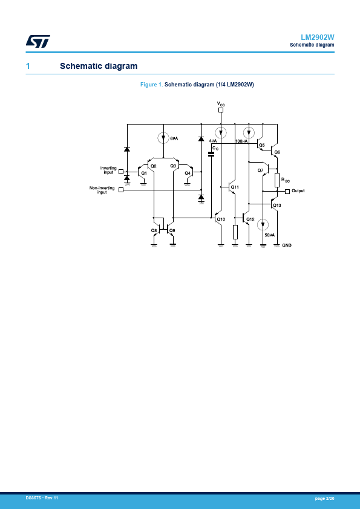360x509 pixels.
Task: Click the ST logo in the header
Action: tap(38, 41)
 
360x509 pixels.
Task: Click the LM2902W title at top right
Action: tap(318, 37)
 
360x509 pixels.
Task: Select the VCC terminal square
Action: tap(221, 110)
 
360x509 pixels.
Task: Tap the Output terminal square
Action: tap(287, 192)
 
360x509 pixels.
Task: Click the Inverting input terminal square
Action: tap(121, 172)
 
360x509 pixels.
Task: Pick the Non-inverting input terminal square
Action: tap(121, 190)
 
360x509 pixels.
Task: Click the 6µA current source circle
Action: tap(163, 138)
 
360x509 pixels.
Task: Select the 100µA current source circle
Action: tap(249, 133)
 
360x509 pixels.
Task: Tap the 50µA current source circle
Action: tap(263, 225)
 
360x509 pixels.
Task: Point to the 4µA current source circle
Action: tap(221, 133)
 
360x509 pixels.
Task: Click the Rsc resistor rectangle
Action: tap(277, 180)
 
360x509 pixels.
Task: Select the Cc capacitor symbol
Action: tap(211, 154)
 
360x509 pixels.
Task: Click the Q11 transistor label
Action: tap(235, 187)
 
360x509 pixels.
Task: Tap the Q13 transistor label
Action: tap(277, 206)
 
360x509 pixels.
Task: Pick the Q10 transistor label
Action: tap(221, 219)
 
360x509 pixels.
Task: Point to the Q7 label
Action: tap(260, 170)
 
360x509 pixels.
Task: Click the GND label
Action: tap(287, 245)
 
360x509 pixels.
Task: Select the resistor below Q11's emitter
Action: tap(235, 232)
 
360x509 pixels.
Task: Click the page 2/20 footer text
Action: tap(324, 498)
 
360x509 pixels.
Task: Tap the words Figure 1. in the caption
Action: tap(151, 85)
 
